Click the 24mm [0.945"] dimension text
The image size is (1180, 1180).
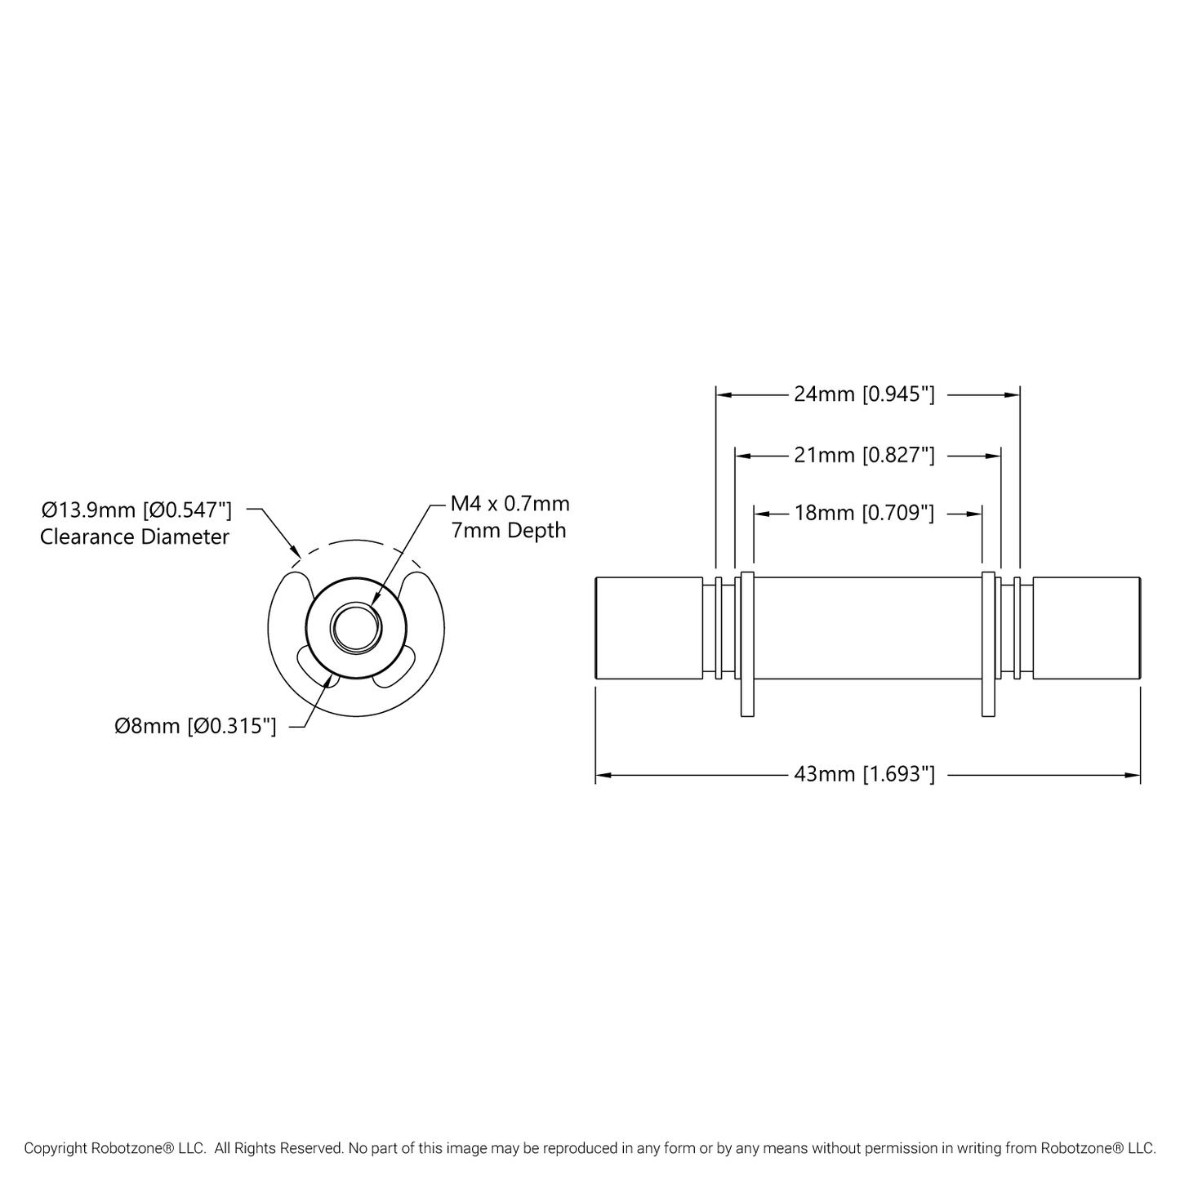(864, 394)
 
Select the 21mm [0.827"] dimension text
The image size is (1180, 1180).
(864, 456)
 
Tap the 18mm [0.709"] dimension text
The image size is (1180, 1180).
(864, 513)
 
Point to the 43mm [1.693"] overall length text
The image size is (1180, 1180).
(864, 775)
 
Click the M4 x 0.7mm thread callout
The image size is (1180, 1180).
(510, 504)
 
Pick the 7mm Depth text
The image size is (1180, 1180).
(509, 530)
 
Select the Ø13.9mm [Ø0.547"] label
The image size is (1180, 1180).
(136, 509)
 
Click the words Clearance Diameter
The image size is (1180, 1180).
(135, 537)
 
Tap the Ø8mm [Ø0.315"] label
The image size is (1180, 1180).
(195, 726)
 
